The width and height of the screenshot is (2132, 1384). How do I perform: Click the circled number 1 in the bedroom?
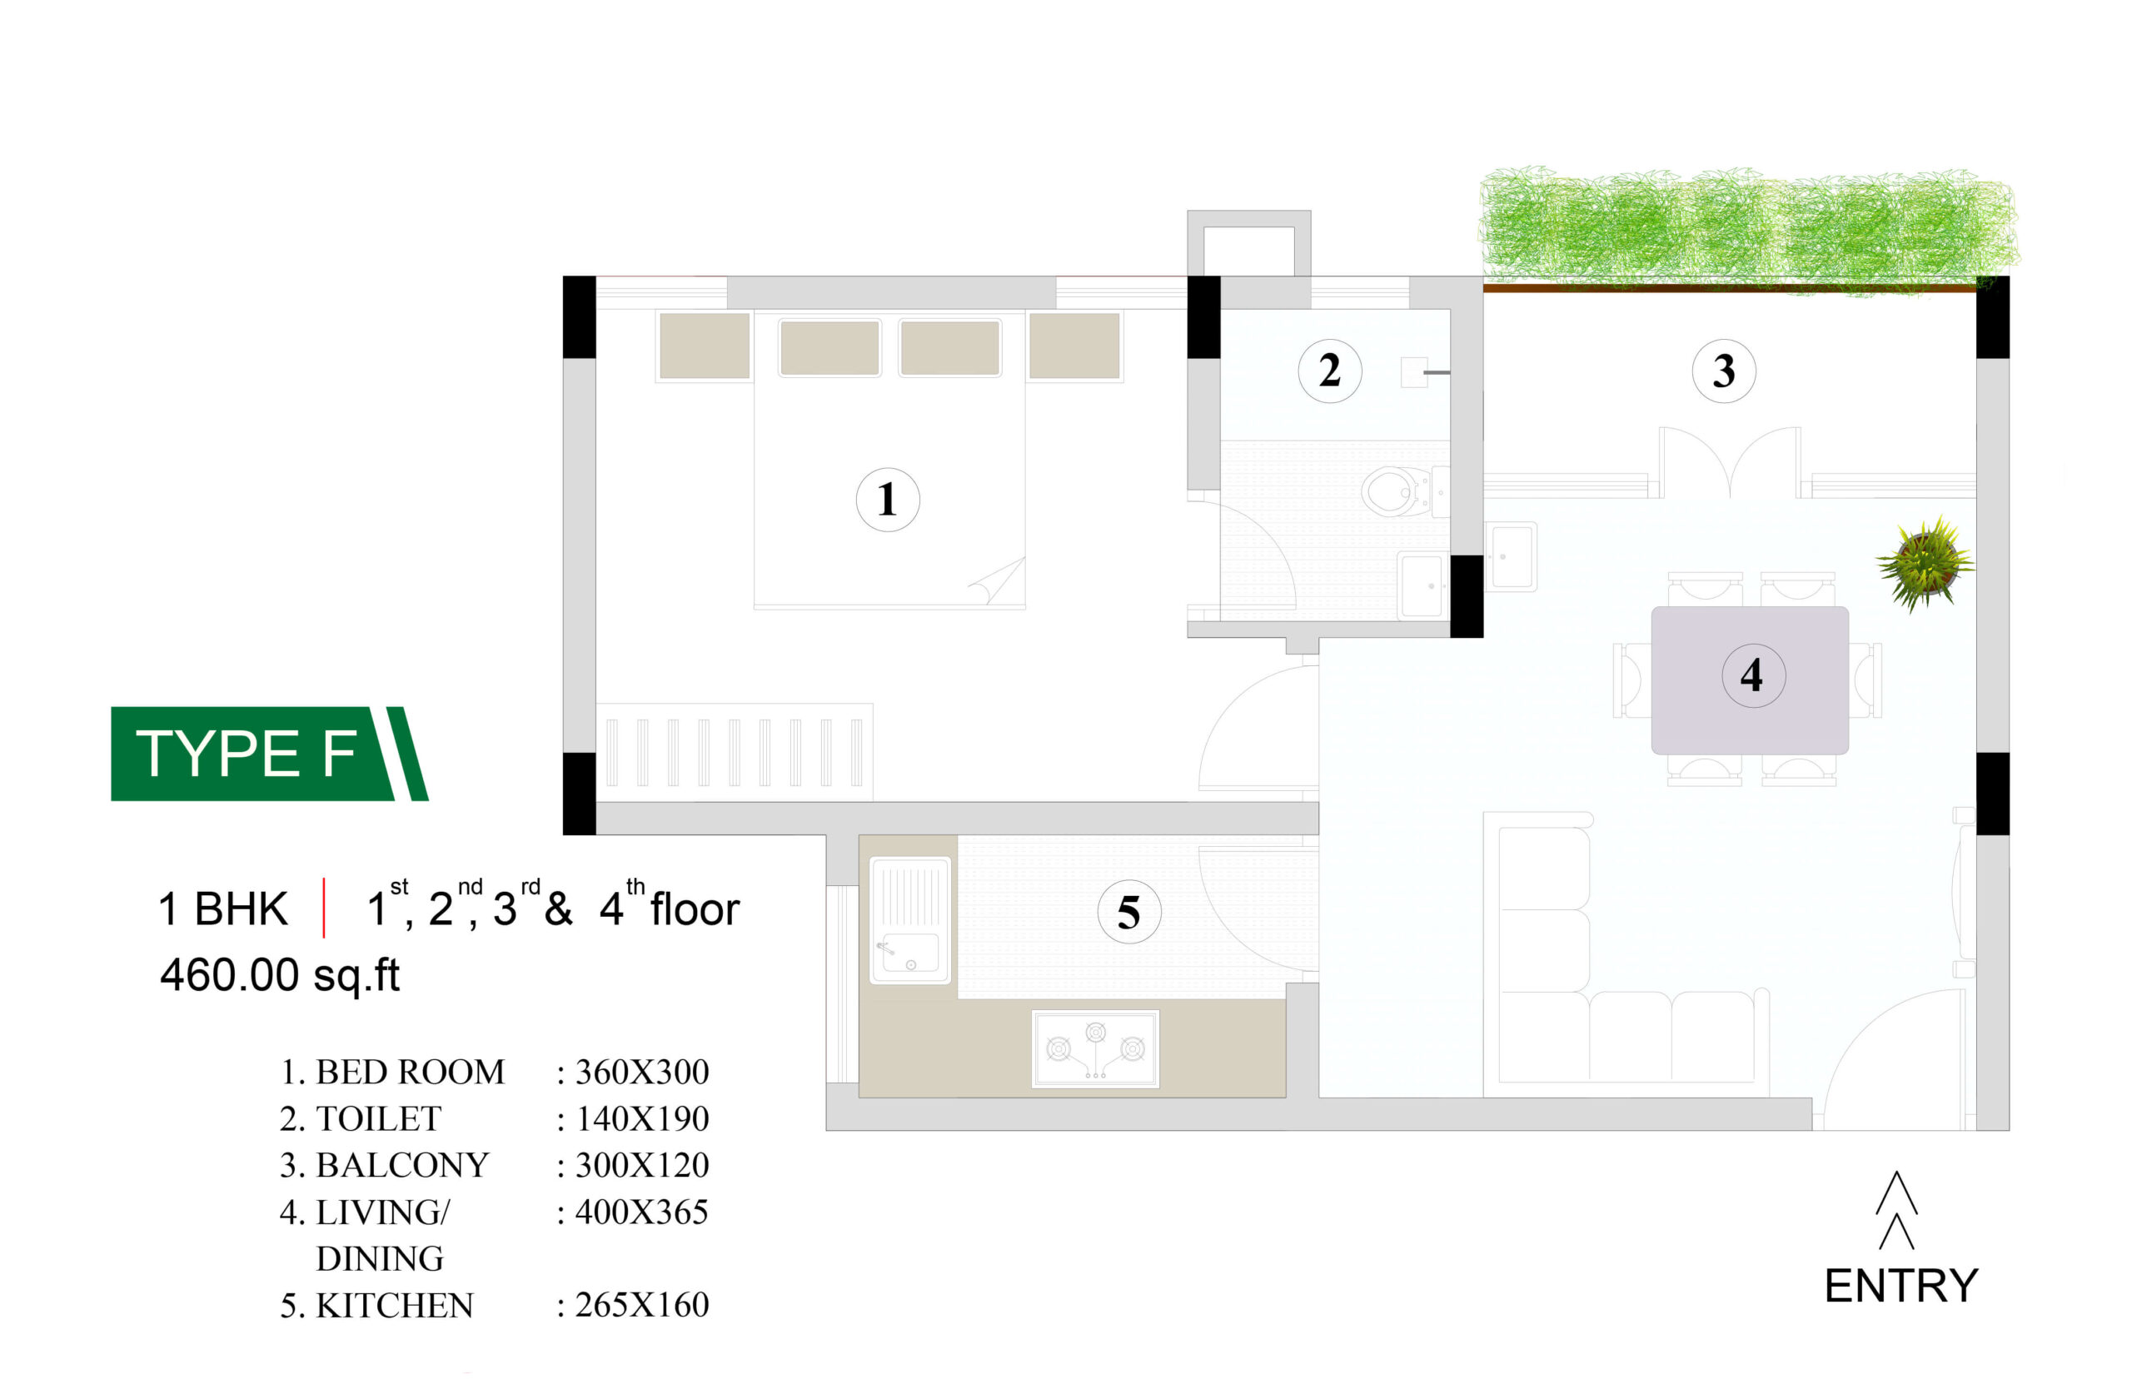(887, 499)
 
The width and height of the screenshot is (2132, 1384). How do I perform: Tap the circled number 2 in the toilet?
(1329, 370)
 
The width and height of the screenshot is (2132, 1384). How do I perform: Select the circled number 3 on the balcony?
(1724, 371)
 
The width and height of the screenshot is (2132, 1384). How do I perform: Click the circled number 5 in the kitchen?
(1128, 912)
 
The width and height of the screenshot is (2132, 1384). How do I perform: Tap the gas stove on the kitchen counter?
(1094, 1049)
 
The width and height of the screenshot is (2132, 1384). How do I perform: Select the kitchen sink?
(910, 920)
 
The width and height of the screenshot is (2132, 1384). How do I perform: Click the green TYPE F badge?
(269, 754)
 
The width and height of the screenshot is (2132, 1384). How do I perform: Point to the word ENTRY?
(1900, 1287)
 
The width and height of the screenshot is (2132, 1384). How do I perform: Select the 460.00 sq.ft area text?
(280, 975)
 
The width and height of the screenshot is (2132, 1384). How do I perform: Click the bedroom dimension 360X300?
(641, 1073)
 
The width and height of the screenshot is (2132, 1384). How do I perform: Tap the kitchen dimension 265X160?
(641, 1305)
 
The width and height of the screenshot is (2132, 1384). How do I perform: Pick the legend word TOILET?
(378, 1119)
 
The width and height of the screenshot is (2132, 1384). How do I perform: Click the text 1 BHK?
(223, 909)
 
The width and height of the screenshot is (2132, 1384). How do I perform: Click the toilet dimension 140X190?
(641, 1119)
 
